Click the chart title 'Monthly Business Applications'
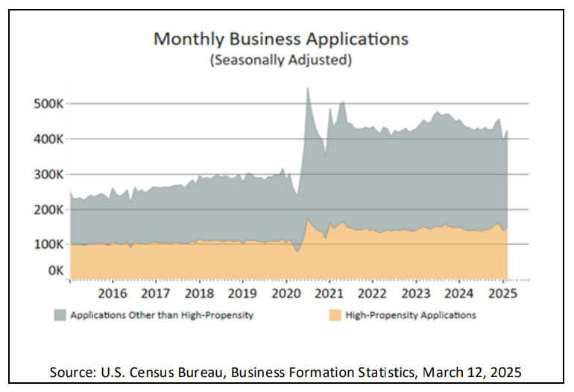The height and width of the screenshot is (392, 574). click(281, 40)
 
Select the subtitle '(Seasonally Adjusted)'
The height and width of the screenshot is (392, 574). click(281, 60)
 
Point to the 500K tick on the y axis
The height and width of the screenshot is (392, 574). click(48, 104)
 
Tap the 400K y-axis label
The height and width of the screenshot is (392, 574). click(48, 139)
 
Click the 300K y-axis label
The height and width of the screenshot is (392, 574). click(48, 175)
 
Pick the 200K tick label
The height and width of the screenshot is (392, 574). click(48, 210)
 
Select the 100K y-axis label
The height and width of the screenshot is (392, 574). click(48, 244)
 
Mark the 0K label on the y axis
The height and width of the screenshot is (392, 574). click(56, 270)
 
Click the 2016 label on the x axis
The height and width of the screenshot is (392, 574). click(113, 293)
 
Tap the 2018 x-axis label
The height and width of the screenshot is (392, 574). click(199, 293)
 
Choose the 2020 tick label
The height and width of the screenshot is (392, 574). click(286, 293)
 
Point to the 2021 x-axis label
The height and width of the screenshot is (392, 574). click(329, 293)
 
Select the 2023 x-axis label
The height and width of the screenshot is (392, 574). click(416, 293)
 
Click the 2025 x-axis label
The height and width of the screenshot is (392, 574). click(502, 293)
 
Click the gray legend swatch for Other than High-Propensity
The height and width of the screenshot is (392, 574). click(60, 315)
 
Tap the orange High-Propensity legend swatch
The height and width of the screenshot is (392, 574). click(335, 315)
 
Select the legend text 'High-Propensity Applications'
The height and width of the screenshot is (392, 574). click(411, 315)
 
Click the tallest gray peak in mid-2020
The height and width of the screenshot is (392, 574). click(307, 88)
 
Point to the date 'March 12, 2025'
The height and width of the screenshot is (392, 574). click(472, 372)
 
